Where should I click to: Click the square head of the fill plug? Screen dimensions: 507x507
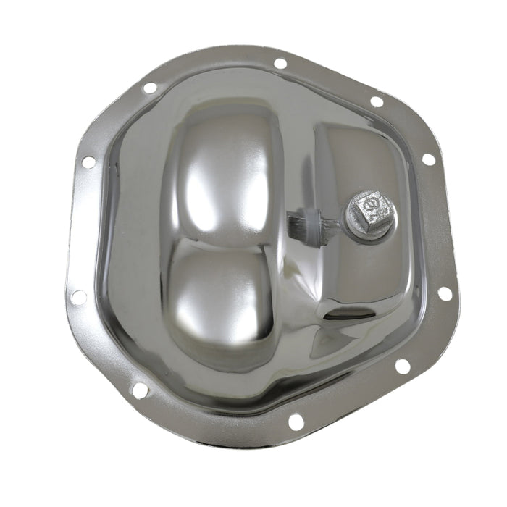coord(370,211)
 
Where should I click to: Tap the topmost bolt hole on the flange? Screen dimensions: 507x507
coord(280,63)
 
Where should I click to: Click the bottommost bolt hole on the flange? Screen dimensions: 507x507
coord(296,420)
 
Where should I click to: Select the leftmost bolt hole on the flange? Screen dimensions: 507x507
coord(78,297)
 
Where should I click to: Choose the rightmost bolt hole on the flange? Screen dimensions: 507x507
coord(444,293)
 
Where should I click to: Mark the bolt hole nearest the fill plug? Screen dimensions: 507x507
coord(428,159)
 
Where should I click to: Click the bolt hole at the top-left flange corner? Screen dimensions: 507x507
coord(150,88)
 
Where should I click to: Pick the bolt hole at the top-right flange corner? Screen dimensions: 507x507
coord(377,101)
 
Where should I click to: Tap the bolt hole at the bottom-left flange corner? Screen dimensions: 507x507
coord(140,390)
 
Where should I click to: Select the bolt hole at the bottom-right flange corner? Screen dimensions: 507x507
coord(402,366)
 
